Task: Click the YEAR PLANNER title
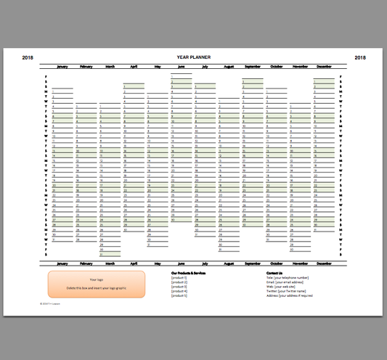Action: [x=193, y=57]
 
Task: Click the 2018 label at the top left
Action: [x=28, y=57]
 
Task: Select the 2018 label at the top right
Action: [x=360, y=57]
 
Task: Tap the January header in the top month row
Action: [x=62, y=66]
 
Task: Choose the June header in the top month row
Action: [x=182, y=66]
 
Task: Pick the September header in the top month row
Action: [x=253, y=66]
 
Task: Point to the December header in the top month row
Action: [x=324, y=66]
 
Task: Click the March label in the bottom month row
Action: [x=110, y=263]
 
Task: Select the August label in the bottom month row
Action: [x=229, y=263]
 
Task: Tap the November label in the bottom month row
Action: [x=300, y=263]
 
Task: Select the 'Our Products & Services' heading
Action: [x=189, y=273]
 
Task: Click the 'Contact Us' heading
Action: [x=274, y=273]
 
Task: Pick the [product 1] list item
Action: [x=179, y=278]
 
